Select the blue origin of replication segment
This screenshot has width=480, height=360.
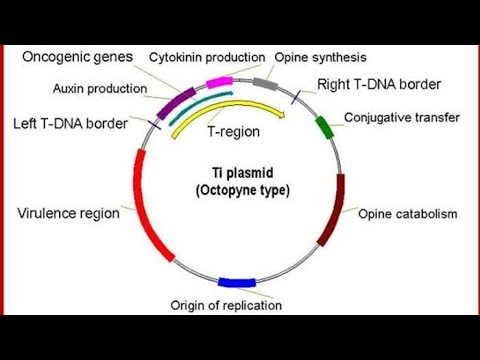(x=237, y=283)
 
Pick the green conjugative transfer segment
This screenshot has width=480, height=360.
(x=323, y=126)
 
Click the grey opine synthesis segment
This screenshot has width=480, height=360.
(x=265, y=82)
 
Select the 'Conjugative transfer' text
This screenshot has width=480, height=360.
(x=402, y=117)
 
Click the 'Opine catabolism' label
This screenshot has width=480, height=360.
(x=407, y=213)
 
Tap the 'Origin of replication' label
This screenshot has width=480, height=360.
(x=240, y=305)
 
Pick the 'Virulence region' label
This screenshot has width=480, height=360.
(x=68, y=212)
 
